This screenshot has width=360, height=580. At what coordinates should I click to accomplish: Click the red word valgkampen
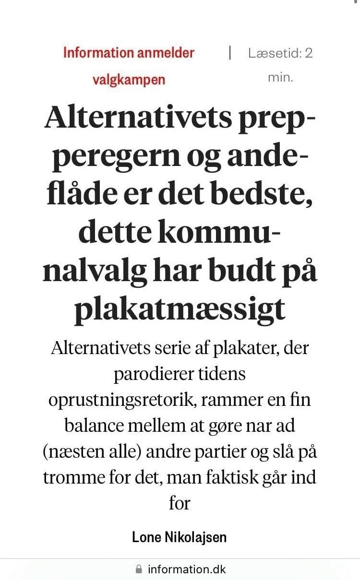pyautogui.click(x=129, y=79)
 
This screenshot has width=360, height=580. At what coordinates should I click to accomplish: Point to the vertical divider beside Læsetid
pyautogui.click(x=230, y=52)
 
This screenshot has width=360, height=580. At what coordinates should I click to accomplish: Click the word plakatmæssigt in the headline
pyautogui.click(x=180, y=310)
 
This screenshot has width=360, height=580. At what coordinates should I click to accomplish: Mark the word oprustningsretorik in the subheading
pyautogui.click(x=124, y=400)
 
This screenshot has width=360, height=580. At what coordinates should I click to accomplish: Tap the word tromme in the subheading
pyautogui.click(x=74, y=478)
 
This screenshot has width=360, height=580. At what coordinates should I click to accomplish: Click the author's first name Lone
pyautogui.click(x=148, y=537)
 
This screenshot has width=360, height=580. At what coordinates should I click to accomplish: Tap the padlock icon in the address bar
pyautogui.click(x=139, y=569)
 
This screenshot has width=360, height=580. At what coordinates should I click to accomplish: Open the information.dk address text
pyautogui.click(x=186, y=569)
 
